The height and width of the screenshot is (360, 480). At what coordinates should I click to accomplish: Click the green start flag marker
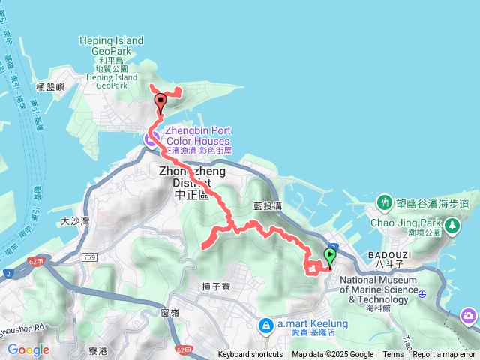click(330, 256)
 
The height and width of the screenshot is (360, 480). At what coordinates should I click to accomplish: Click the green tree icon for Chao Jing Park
click(452, 224)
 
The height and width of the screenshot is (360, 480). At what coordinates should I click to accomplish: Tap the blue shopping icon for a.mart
click(266, 325)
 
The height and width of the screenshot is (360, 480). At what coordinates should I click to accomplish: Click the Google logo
click(28, 349)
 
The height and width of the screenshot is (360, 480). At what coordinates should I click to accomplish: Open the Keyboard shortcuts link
click(250, 355)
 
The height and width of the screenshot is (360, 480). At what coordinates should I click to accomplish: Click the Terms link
click(393, 355)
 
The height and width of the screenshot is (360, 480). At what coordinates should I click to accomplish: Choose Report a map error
click(445, 355)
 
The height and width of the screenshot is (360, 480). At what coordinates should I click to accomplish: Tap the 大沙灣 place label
click(75, 221)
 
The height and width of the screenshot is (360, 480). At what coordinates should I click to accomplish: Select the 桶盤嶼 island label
click(50, 87)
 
